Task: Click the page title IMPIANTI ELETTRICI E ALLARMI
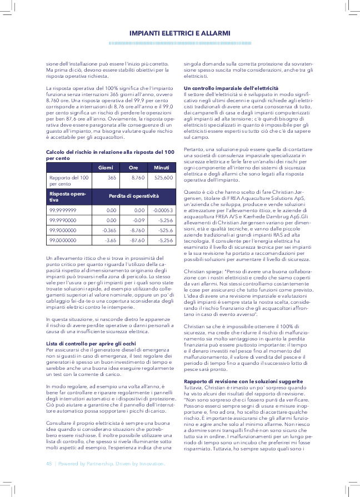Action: point(179,33)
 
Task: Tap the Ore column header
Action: point(133,167)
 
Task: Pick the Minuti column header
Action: point(161,167)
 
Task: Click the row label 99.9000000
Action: point(63,230)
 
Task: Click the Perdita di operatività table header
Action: point(133,197)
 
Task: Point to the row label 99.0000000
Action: point(63,240)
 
